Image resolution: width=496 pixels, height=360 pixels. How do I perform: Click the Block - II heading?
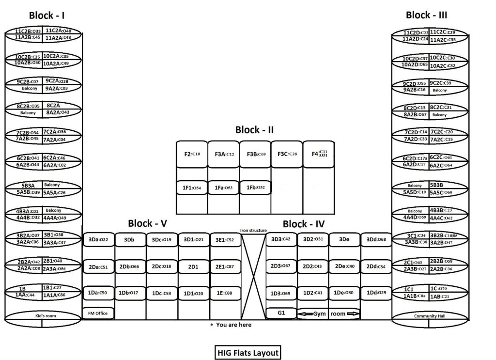tap(254, 130)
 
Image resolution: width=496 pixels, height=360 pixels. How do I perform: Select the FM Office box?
tap(98, 313)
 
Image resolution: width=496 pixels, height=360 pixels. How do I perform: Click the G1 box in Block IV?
tap(281, 313)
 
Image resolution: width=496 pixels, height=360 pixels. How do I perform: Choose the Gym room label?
tap(329, 313)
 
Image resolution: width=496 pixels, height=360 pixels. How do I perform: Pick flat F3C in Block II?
tap(287, 154)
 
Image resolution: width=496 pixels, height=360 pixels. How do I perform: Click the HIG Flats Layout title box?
tap(248, 352)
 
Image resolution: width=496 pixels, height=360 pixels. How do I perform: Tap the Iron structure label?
tap(253, 230)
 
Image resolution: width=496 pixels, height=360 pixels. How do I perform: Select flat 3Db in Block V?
tap(129, 239)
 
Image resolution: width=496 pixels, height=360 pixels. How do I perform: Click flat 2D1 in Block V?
tap(193, 266)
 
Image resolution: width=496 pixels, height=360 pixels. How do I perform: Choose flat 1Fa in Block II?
tap(223, 187)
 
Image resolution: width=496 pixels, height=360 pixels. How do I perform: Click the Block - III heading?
tap(426, 15)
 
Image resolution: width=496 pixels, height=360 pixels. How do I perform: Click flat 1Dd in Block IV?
tap(376, 293)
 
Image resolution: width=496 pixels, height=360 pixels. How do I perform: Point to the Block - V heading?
tap(148, 223)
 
